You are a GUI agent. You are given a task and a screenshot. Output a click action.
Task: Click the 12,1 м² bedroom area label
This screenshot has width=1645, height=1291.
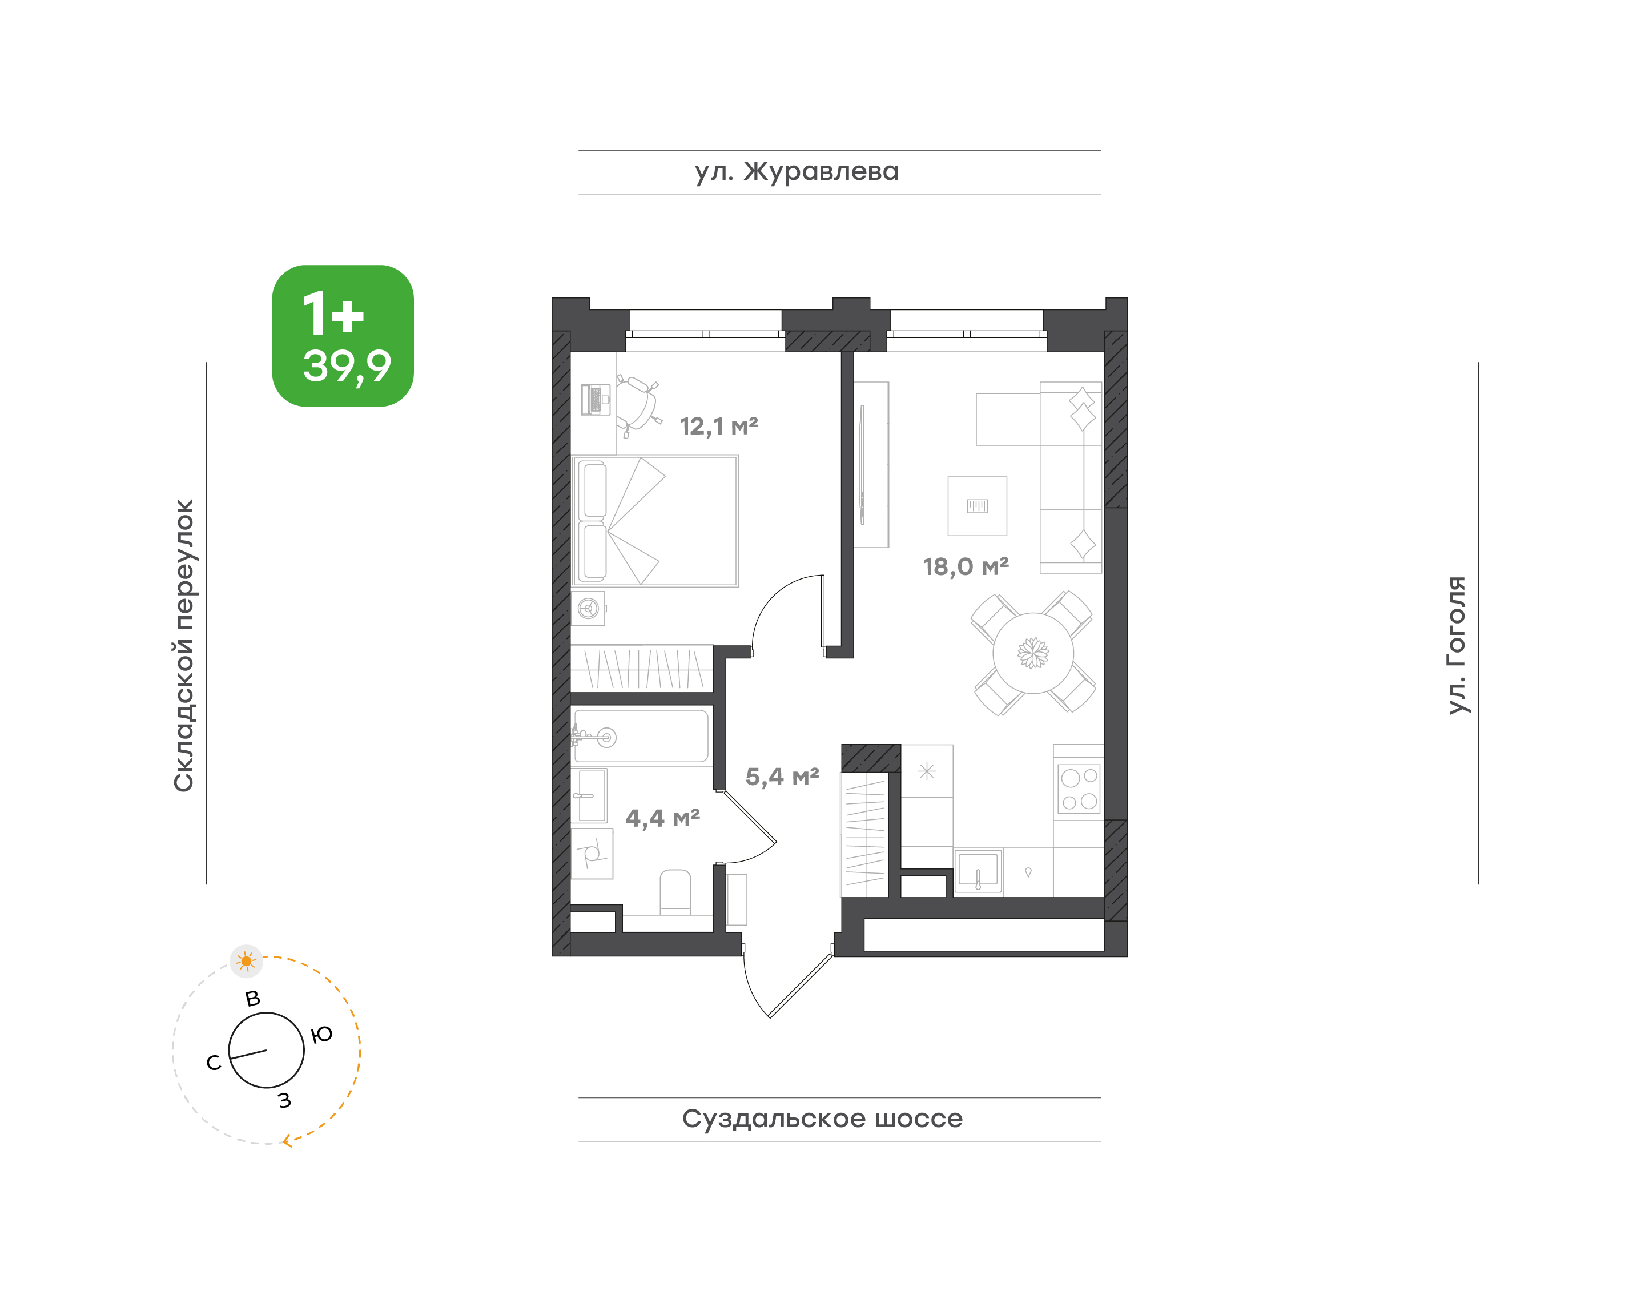[x=718, y=427]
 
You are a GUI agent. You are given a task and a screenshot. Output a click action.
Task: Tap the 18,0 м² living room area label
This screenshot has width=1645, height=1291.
[x=966, y=567]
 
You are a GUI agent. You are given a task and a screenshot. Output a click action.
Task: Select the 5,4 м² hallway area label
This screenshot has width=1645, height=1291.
[x=782, y=777]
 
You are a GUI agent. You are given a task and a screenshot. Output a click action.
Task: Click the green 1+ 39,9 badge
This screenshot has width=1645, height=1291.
[x=343, y=336]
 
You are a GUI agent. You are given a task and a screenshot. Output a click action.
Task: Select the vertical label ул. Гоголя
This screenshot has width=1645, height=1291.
[x=1456, y=645]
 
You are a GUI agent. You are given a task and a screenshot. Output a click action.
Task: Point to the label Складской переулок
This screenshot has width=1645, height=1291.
[x=184, y=645]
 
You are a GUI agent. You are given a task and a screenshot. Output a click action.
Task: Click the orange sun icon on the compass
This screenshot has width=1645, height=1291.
[x=246, y=962]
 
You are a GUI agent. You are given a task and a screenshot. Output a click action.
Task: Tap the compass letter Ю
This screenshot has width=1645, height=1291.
[x=322, y=1035]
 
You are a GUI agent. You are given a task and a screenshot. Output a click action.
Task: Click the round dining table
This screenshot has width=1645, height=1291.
[x=1033, y=653]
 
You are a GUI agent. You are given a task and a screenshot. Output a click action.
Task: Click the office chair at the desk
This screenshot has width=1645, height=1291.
[x=637, y=405]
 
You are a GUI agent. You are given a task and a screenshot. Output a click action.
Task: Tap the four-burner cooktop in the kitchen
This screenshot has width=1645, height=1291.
[x=1079, y=789]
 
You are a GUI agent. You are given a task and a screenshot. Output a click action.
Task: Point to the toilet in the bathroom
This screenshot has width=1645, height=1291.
[x=675, y=892]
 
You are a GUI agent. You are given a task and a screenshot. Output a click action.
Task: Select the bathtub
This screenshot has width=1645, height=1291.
[x=641, y=735]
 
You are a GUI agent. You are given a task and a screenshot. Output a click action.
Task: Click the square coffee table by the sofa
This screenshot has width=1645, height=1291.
[x=978, y=506]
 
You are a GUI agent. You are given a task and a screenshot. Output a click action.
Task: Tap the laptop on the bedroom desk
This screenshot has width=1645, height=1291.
[x=596, y=399]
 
